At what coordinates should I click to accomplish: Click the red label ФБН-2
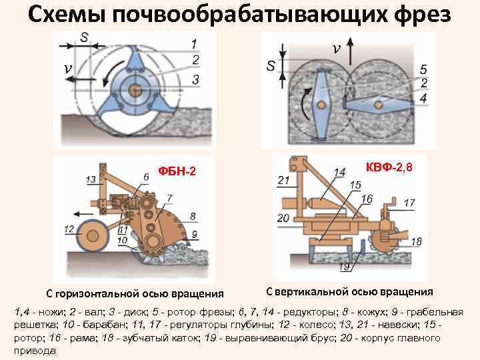(x=177, y=172)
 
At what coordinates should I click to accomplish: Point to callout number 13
(x=91, y=180)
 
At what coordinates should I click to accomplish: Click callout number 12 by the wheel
(x=69, y=229)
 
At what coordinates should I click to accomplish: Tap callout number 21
(x=283, y=181)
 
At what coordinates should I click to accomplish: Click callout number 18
(x=416, y=242)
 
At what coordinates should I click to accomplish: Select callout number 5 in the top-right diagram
(x=424, y=69)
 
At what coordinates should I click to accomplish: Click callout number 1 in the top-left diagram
(x=193, y=44)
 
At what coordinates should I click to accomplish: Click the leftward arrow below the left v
(x=78, y=79)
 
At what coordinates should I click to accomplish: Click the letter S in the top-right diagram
(x=271, y=66)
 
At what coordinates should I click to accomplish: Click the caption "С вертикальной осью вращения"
(x=349, y=291)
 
